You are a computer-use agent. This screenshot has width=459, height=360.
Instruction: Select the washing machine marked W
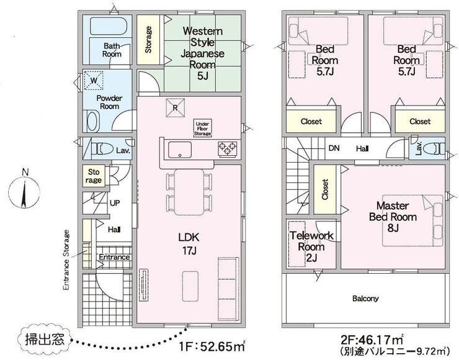tap(94, 80)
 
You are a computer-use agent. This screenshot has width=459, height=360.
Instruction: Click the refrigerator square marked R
tap(176, 107)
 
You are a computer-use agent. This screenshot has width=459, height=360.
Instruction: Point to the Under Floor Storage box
tap(203, 128)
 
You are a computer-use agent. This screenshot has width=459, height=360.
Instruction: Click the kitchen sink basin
tap(180, 150)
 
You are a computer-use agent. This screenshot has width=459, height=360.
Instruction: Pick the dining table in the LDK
tap(189, 192)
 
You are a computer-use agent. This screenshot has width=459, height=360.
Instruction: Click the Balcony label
tap(365, 299)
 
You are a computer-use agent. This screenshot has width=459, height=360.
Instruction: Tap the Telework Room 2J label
tap(311, 246)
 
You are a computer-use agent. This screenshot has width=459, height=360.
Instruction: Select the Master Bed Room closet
tap(325, 189)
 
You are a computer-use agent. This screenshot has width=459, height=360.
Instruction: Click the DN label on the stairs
tap(334, 148)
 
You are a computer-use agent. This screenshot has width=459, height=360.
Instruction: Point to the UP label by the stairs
tap(115, 203)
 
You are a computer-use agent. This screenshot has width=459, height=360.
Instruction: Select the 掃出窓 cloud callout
tap(45, 340)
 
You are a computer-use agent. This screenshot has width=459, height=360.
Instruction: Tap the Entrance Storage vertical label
tap(66, 260)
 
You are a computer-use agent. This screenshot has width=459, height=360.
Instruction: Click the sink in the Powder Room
tap(92, 121)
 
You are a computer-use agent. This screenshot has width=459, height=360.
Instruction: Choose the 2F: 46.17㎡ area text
tap(372, 340)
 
